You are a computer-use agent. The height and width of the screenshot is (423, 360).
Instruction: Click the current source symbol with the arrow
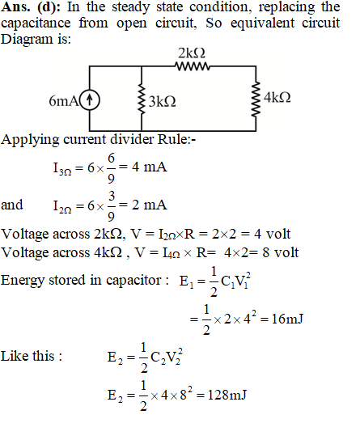90,100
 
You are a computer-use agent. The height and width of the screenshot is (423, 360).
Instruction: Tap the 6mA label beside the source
64,101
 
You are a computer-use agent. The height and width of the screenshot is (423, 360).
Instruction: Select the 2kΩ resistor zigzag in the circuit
193,66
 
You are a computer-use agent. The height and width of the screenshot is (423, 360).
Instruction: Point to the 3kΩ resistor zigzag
142,99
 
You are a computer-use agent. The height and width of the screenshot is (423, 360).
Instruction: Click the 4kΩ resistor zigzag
256,99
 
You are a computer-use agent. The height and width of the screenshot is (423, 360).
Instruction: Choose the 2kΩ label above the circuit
192,53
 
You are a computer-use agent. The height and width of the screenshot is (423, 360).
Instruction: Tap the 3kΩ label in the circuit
163,102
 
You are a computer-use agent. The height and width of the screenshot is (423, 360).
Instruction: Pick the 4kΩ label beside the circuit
277,97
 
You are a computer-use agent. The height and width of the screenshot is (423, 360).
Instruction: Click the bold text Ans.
16,7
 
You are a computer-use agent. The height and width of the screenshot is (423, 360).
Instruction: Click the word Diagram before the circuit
27,40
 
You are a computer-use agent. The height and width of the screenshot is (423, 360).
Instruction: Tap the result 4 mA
149,167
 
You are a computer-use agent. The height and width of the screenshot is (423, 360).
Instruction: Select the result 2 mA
149,205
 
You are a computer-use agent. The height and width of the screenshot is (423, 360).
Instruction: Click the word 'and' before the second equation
12,205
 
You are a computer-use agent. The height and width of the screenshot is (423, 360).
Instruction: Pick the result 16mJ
287,319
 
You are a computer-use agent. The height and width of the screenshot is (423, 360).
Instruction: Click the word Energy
23,281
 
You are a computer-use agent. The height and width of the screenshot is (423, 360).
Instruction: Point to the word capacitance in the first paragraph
36,23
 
